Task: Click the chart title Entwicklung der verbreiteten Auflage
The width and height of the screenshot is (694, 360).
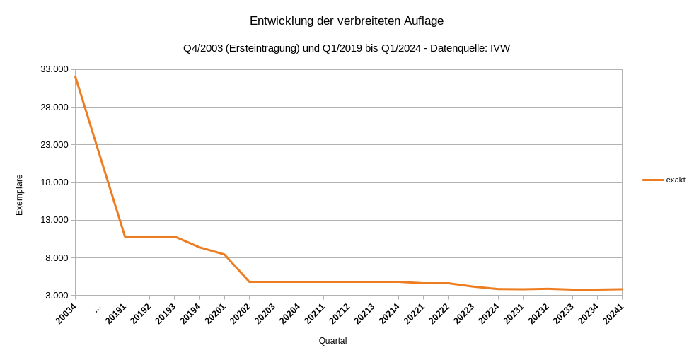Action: point(347,21)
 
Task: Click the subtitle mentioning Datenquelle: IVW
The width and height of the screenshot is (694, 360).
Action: point(347,48)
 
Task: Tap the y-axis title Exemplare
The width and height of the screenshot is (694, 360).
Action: point(19,194)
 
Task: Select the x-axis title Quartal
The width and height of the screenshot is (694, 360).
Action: point(332,341)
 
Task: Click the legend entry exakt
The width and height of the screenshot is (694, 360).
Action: point(675,180)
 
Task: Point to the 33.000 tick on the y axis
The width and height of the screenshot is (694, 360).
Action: point(54,69)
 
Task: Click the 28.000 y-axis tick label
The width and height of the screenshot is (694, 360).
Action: point(54,107)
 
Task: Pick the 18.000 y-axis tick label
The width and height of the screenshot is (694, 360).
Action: point(54,182)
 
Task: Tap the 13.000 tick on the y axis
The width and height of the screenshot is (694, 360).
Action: point(54,220)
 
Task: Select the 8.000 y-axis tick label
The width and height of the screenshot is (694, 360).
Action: point(57,257)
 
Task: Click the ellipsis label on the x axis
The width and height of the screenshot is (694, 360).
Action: point(97,308)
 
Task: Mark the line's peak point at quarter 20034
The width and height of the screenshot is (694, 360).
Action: point(75,76)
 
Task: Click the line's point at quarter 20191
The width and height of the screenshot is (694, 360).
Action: point(125,236)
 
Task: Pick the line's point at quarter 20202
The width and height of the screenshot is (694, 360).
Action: point(250,281)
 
